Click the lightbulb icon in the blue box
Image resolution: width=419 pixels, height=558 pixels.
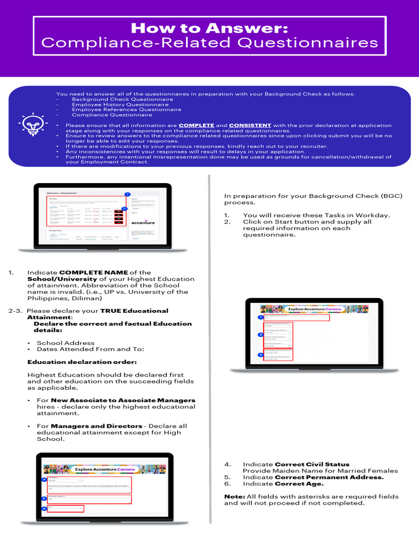point(31,125)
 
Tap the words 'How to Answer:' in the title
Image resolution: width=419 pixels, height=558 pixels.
point(209,28)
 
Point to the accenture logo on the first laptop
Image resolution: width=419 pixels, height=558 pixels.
point(143,222)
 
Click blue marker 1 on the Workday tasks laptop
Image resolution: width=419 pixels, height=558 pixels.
point(127,195)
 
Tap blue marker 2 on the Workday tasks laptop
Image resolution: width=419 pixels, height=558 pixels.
point(124,208)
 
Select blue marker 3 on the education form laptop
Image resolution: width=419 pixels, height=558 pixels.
point(261,355)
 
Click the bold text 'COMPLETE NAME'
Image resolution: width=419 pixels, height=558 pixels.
point(93,272)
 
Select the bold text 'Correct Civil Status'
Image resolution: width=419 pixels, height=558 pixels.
point(312,464)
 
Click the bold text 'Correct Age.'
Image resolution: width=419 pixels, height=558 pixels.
point(299,484)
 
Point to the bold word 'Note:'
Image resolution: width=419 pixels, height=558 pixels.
point(235,496)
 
